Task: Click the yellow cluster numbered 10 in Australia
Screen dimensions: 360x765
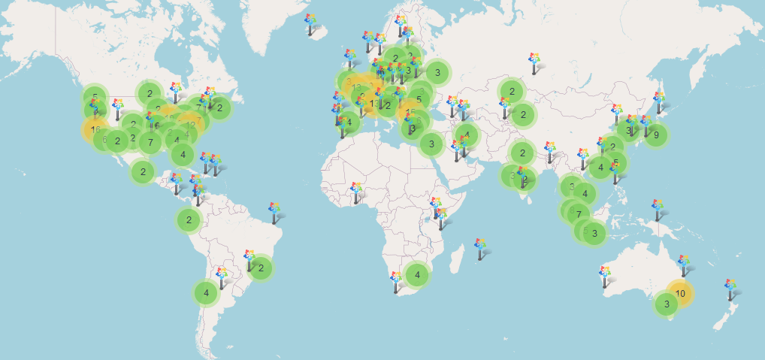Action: coord(680,293)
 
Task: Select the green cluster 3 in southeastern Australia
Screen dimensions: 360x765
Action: coord(665,304)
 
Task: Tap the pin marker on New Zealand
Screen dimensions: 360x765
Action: coord(730,289)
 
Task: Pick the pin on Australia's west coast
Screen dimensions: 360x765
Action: coord(605,276)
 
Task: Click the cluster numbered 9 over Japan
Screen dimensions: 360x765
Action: coord(656,135)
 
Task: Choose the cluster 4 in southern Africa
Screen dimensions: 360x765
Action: coord(417,275)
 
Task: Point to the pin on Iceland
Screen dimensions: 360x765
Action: coord(311,24)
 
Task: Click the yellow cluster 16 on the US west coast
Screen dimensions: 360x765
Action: coord(95,129)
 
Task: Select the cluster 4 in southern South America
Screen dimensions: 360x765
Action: coord(206,293)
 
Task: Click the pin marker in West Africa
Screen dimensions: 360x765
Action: coord(356,192)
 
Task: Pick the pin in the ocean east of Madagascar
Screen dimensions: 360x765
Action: coord(480,249)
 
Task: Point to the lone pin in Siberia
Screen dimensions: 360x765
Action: coord(534,63)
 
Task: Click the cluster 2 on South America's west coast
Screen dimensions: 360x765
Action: coord(189,220)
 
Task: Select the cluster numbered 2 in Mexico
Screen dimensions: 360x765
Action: coord(143,171)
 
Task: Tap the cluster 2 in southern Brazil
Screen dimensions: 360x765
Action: coord(260,268)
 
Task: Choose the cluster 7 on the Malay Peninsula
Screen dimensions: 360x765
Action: coord(578,214)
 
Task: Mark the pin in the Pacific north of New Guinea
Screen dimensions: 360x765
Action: coord(658,210)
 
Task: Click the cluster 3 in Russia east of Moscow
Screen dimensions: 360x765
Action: coord(437,73)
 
